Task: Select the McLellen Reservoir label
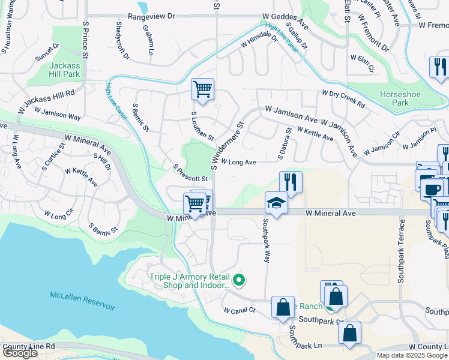[82, 301]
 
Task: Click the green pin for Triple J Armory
[239, 279]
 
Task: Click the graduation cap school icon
[277, 203]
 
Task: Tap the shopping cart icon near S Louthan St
[203, 89]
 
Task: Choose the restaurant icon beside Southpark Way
[291, 182]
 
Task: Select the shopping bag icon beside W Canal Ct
[283, 307]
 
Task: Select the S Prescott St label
[190, 175]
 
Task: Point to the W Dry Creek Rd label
[343, 98]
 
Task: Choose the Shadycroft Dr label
[122, 41]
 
